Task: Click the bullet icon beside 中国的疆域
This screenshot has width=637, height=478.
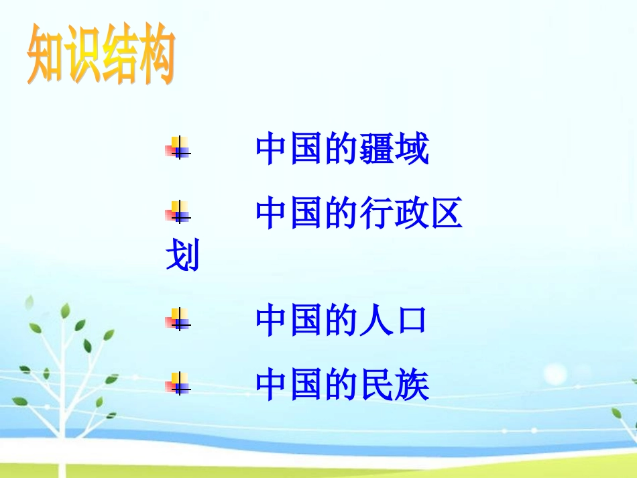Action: (x=178, y=147)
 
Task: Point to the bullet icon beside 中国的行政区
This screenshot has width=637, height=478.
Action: (x=178, y=212)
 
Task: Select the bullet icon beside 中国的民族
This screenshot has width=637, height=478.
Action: (x=178, y=383)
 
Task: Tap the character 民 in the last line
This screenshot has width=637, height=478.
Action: (x=377, y=386)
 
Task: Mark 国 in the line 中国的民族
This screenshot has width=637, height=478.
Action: (x=307, y=386)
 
